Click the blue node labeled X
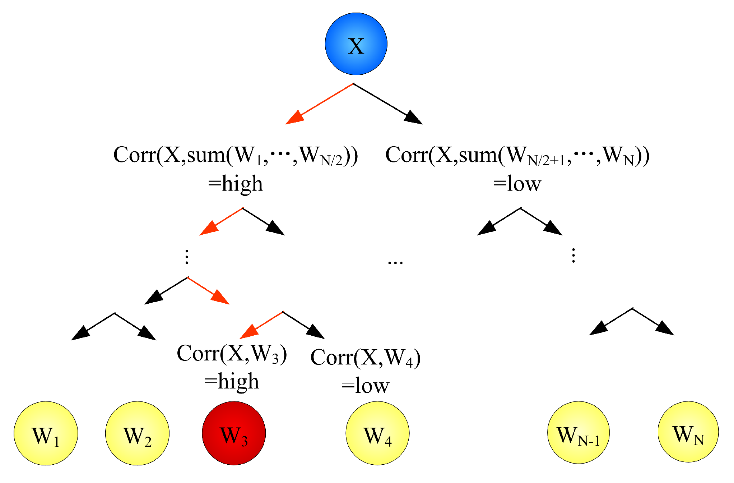pos(356,44)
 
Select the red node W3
pos(234,433)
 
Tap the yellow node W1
pos(46,433)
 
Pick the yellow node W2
pos(137,433)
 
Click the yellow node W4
pos(377,433)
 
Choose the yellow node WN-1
pos(578,432)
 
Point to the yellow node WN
pos(688,432)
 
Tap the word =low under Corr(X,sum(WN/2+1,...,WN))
pos(517,184)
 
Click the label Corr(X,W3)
pos(232,354)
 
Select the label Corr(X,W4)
pos(365,358)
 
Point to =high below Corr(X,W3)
pos(232,381)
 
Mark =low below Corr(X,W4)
pos(365,386)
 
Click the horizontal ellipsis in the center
pos(395,263)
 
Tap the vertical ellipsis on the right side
pos(573,256)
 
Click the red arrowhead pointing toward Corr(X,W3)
pos(249,332)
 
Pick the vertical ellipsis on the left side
pos(187,257)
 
